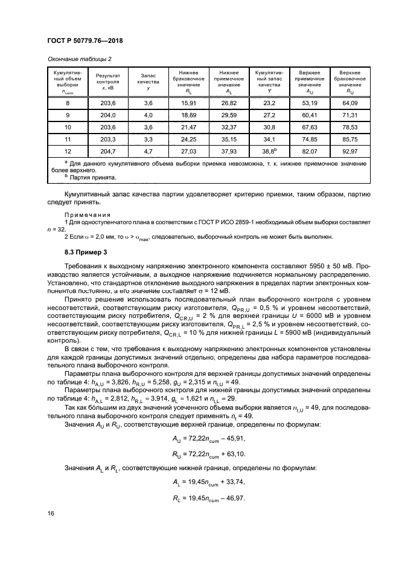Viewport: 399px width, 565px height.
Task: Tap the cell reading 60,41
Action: [x=309, y=115]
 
